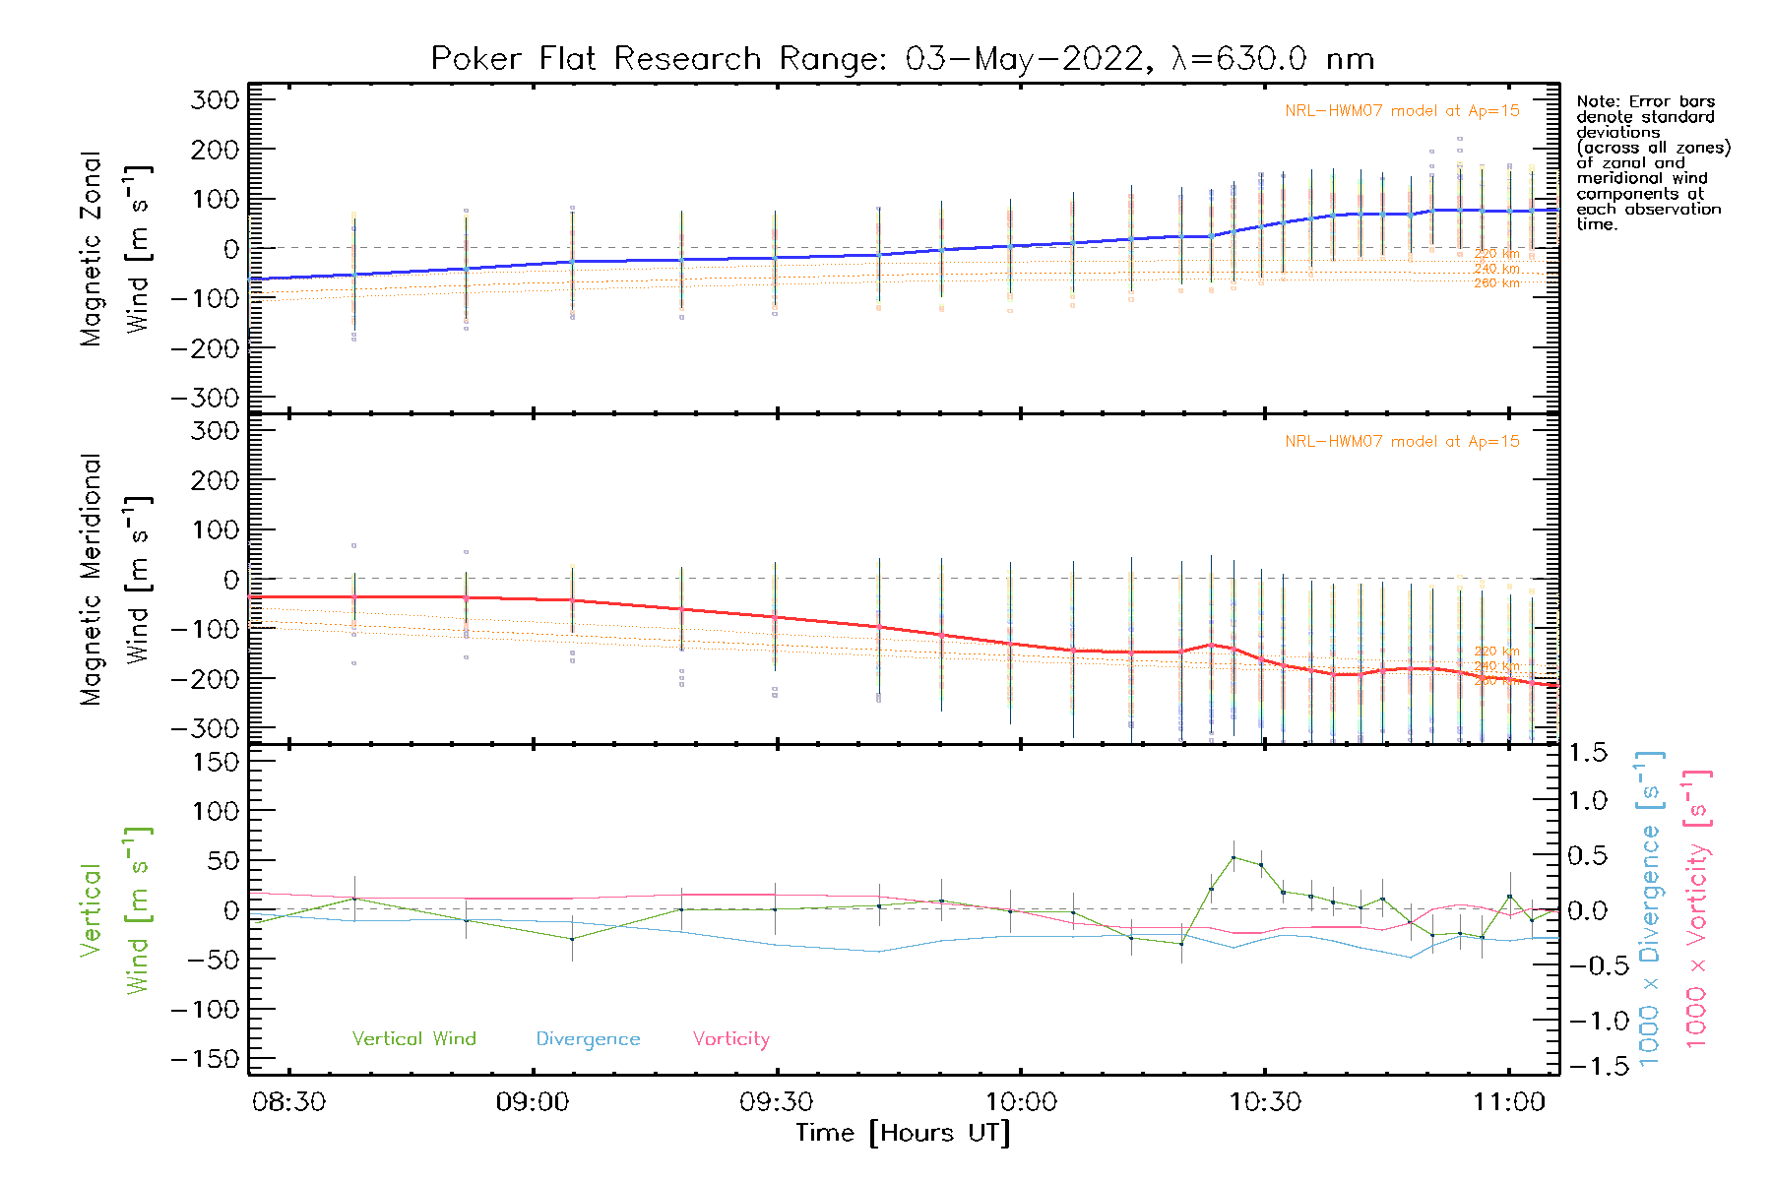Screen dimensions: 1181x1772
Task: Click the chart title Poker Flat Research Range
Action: [902, 59]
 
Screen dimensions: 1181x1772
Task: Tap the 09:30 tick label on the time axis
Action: [777, 1102]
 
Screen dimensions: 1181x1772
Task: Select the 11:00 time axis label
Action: [1509, 1102]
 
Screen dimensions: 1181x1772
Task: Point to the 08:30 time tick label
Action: [288, 1102]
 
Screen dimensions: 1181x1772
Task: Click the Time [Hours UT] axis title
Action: [903, 1134]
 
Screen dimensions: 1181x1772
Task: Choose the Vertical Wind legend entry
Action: [413, 1039]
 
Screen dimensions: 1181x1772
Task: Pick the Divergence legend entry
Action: [588, 1039]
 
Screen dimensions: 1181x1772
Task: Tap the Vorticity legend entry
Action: [730, 1039]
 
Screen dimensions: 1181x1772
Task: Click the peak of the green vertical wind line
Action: [1234, 857]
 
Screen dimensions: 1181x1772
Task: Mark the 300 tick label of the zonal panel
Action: [216, 99]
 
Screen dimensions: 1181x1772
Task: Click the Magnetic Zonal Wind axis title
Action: [115, 248]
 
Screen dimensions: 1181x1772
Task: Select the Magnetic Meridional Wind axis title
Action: [115, 580]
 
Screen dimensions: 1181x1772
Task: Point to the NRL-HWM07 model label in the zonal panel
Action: [1402, 111]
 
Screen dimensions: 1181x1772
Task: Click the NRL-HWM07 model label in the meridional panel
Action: [1402, 442]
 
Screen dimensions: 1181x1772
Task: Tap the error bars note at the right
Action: [1652, 162]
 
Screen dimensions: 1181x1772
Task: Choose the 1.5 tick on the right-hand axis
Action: [1588, 753]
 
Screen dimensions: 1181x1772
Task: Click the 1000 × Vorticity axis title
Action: [1697, 908]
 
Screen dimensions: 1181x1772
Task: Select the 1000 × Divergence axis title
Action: [1650, 908]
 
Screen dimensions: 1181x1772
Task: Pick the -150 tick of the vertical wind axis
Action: [206, 1059]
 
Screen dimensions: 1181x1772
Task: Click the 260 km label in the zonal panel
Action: [1496, 283]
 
